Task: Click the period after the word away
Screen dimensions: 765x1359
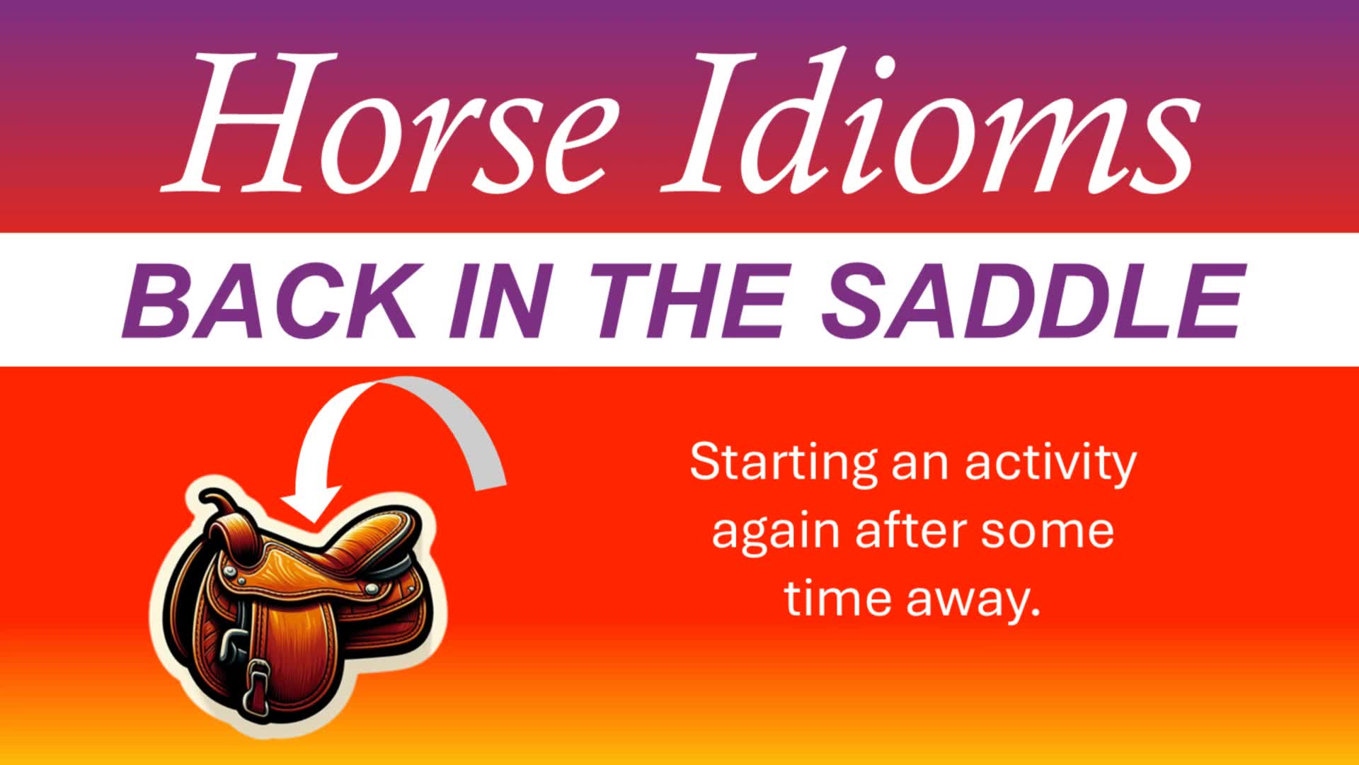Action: (x=1035, y=611)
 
